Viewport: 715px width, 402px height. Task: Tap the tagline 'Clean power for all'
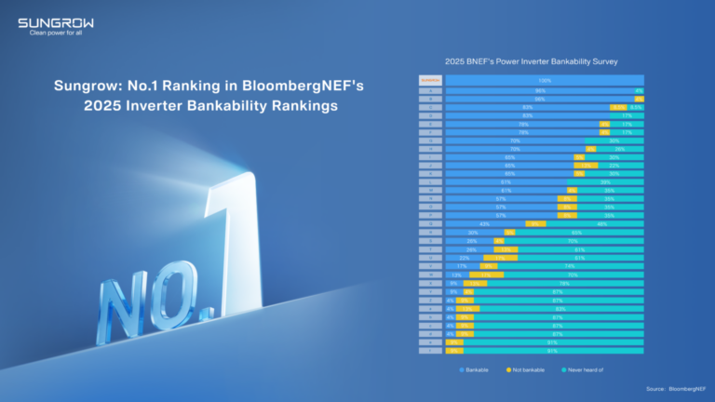pos(55,33)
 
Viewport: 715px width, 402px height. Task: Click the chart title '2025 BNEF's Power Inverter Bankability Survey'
pos(532,61)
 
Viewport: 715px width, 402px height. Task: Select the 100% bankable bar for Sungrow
pos(544,81)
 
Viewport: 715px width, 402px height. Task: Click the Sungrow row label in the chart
pos(429,81)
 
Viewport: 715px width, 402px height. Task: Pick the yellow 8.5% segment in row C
pos(617,107)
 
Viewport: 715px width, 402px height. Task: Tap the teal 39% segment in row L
pos(605,181)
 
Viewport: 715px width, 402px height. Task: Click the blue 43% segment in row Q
pos(484,223)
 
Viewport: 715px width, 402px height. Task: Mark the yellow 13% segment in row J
pos(586,165)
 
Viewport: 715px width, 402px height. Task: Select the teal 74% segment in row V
pos(570,266)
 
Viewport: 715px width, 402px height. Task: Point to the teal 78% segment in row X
pos(565,283)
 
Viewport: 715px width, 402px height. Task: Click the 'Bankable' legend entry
pos(476,370)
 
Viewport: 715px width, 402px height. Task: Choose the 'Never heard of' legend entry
pos(582,370)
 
